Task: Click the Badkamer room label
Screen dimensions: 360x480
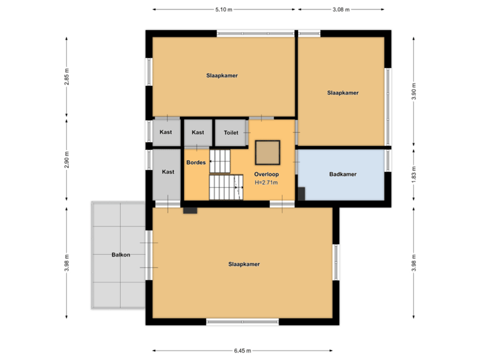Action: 343,175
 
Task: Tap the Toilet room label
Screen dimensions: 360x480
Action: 231,133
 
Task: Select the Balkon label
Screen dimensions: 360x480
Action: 121,255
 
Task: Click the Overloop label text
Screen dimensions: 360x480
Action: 265,174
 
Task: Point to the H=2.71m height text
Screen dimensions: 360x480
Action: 265,182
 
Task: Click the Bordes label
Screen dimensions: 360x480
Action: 195,163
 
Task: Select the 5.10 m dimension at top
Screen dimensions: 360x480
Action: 223,9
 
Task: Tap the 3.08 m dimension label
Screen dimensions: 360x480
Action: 341,9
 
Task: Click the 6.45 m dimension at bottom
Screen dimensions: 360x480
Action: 243,350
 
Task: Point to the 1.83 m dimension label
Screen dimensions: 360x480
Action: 414,175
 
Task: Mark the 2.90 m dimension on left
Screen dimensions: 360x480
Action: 66,160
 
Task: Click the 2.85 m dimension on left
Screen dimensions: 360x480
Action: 66,75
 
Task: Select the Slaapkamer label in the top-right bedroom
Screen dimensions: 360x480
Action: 343,93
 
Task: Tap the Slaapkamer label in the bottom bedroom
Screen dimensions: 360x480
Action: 243,264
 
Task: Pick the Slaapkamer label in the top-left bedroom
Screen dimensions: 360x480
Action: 222,75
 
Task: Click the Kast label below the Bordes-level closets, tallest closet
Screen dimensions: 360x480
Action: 168,172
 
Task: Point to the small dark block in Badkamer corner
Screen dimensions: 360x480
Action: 301,193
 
